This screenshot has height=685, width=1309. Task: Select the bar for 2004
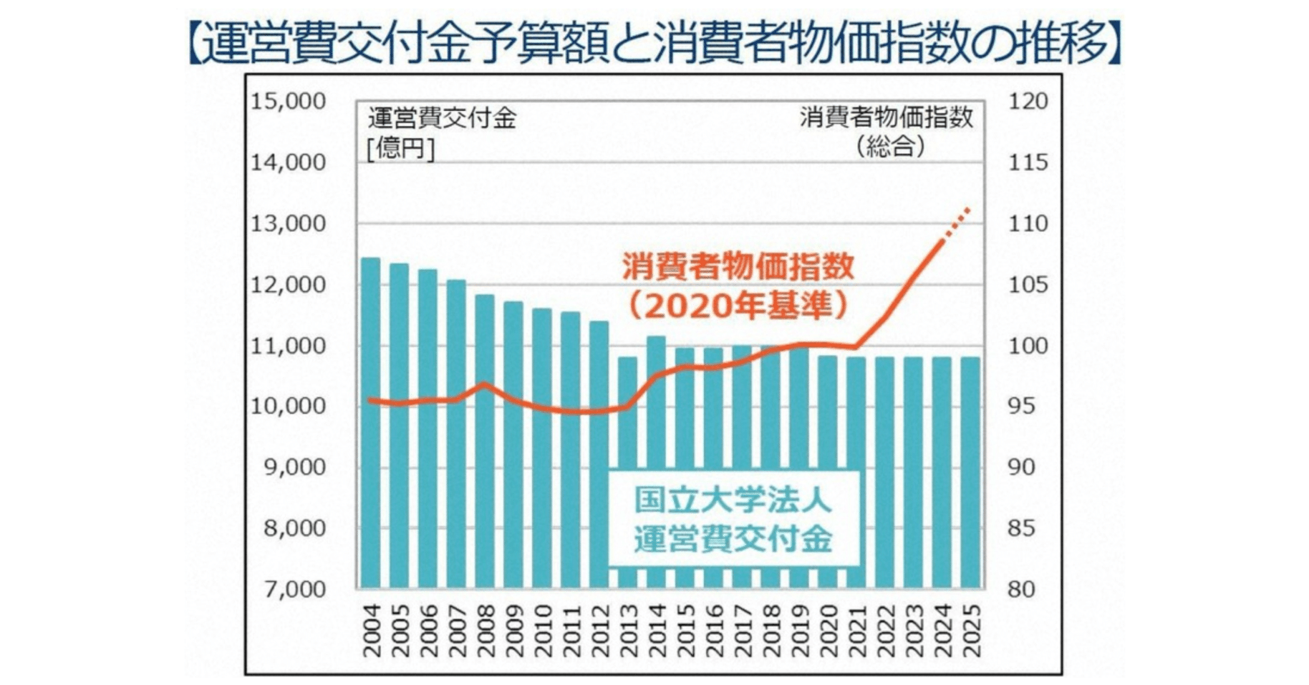370,422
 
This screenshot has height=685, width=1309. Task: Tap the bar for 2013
627,472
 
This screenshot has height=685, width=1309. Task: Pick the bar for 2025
970,472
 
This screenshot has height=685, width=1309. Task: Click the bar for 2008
485,440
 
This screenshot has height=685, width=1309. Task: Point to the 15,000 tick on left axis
287,102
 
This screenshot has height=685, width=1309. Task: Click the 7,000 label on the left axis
287,590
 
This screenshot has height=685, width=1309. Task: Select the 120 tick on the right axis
1028,102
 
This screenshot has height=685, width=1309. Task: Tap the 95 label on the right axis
1021,406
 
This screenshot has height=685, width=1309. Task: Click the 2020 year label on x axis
828,631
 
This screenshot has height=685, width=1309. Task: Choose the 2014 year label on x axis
657,631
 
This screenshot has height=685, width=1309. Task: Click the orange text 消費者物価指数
738,266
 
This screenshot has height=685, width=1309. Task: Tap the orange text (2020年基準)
738,306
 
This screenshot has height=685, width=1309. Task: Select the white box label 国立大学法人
733,500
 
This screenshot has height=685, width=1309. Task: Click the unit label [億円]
400,148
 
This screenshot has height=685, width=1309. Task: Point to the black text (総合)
890,147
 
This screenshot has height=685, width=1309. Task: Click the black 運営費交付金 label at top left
442,119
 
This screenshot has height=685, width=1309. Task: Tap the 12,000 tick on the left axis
287,285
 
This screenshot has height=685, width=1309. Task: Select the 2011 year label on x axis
571,631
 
